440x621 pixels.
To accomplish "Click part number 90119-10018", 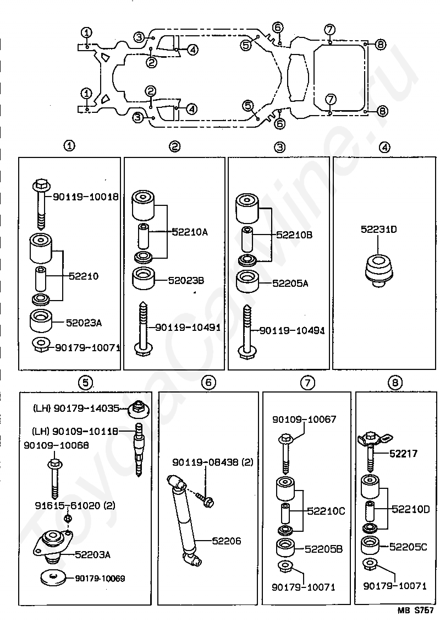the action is [x=85, y=197].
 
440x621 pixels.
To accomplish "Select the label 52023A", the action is [x=84, y=323].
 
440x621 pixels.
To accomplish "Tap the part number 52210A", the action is [x=190, y=232].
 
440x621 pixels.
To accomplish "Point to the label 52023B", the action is [x=186, y=280].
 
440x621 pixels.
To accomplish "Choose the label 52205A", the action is [x=290, y=283].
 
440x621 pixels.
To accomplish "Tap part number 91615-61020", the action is [x=67, y=506].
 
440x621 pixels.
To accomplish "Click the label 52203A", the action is [x=92, y=554].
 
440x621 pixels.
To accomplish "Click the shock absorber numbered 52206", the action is [x=185, y=519].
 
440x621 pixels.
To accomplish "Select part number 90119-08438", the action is [x=205, y=462].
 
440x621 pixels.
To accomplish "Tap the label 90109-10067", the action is [x=304, y=419].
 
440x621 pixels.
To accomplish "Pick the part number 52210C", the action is [x=326, y=511].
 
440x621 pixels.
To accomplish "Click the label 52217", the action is [x=403, y=454].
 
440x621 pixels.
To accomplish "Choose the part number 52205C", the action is [x=408, y=547].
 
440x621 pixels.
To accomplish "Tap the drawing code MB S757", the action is [x=414, y=612].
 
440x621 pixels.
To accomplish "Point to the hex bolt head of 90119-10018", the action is [x=41, y=184].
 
